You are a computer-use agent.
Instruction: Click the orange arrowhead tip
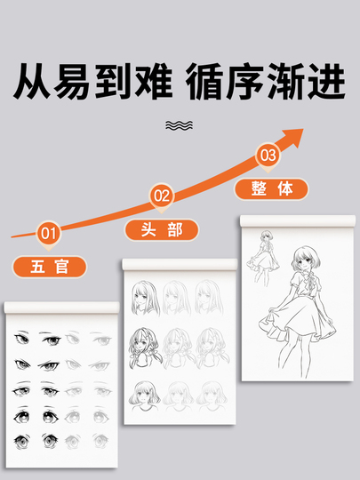[303, 129]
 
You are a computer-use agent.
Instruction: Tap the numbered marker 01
[48, 234]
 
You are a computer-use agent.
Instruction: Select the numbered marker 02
[162, 196]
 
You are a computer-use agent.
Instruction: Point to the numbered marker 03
[268, 156]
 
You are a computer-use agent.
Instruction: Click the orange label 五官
[50, 267]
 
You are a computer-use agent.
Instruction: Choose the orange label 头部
[162, 229]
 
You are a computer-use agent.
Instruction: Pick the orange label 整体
[271, 188]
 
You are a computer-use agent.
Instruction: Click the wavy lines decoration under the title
[179, 125]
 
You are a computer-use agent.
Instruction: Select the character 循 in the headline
[204, 81]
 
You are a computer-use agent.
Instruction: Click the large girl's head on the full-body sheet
[306, 259]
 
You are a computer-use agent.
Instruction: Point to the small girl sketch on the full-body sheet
[263, 258]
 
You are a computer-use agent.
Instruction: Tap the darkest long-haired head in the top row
[146, 298]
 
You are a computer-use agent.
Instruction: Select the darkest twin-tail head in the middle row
[145, 348]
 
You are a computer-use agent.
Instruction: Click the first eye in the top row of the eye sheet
[21, 338]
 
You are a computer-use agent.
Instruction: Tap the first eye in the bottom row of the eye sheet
[21, 441]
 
